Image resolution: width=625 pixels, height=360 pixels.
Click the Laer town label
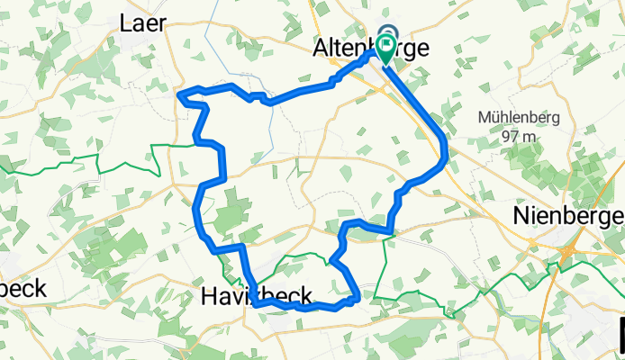(142, 24)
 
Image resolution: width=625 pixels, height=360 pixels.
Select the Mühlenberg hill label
(520, 118)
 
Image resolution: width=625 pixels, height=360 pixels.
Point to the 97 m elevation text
(520, 136)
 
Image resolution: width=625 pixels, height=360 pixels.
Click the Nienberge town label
(566, 216)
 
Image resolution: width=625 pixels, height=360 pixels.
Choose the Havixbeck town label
(257, 294)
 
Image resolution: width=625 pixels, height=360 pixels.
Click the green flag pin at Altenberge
(388, 45)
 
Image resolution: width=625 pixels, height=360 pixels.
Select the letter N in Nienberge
(521, 216)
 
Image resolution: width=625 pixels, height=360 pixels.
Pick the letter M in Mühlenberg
(485, 118)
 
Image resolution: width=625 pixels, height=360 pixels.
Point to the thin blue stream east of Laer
(208, 36)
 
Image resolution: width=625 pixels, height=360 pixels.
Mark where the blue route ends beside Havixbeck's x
(256, 304)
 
